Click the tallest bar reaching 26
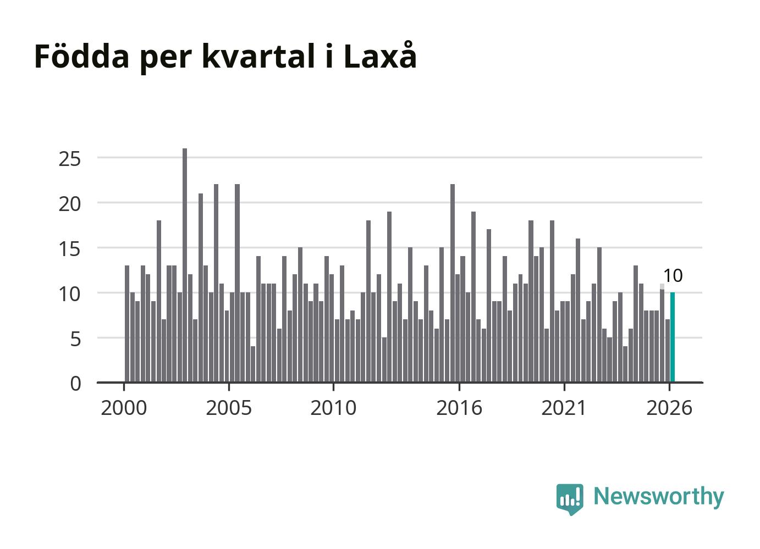pyautogui.click(x=185, y=265)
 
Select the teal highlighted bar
pyautogui.click(x=672, y=337)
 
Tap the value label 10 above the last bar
pyautogui.click(x=673, y=276)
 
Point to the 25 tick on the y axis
pyautogui.click(x=69, y=159)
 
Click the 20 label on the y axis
pyautogui.click(x=69, y=204)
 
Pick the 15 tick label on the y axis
pyautogui.click(x=69, y=249)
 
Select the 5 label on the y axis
pyautogui.click(x=76, y=339)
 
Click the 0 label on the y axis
pyautogui.click(x=76, y=384)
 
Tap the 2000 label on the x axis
pyautogui.click(x=124, y=408)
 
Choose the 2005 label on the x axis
pyautogui.click(x=229, y=408)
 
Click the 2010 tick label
pyautogui.click(x=333, y=408)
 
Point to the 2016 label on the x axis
pyautogui.click(x=459, y=408)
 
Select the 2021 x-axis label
pyautogui.click(x=564, y=408)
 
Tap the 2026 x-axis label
pyautogui.click(x=669, y=408)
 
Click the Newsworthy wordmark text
pyautogui.click(x=659, y=496)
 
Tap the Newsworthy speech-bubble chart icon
pyautogui.click(x=570, y=499)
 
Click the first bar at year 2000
pyautogui.click(x=127, y=324)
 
